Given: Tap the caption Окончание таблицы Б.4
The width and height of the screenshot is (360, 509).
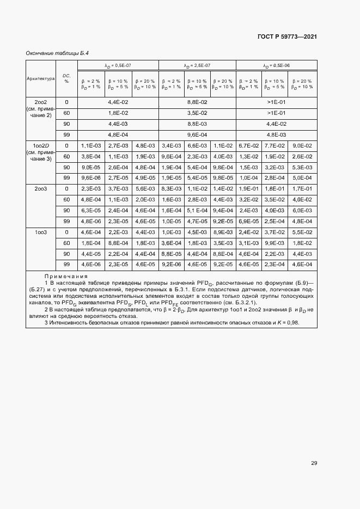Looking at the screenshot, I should [57, 53].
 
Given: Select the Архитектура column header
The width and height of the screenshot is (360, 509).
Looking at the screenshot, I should [41, 78].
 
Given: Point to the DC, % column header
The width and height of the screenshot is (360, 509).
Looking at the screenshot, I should [66, 78].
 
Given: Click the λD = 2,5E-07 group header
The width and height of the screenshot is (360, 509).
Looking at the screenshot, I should [197, 65].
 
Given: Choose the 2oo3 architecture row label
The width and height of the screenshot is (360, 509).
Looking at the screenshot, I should [41, 188].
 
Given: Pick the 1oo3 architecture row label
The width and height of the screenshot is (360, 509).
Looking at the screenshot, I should [41, 232].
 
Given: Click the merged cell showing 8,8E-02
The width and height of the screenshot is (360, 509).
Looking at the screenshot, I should [197, 102].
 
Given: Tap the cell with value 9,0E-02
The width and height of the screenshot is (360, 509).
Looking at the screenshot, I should [303, 145].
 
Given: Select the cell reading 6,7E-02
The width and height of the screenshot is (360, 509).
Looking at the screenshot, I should [249, 145].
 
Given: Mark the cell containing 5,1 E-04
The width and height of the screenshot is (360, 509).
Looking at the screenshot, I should [197, 210].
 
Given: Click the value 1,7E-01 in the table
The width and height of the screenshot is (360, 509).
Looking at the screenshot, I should [303, 188].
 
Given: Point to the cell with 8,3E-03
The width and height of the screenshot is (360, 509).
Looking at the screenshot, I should [171, 188].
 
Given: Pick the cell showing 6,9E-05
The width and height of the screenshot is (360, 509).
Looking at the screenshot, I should [249, 221].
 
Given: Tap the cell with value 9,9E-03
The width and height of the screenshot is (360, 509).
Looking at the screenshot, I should [274, 243].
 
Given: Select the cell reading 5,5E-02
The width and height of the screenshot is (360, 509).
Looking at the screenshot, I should [303, 232].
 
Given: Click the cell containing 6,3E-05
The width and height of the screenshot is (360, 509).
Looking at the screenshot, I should [91, 210].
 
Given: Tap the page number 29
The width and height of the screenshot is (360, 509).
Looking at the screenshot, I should [314, 463].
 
